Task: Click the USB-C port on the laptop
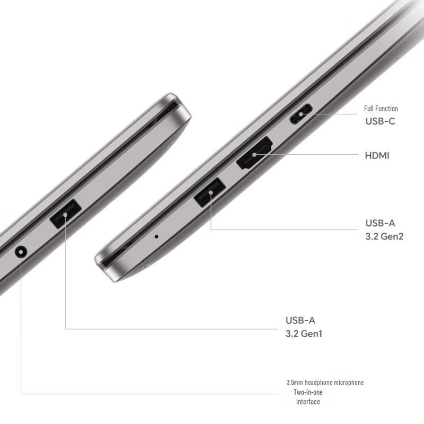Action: pos(301,114)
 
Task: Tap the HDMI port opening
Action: pos(254,153)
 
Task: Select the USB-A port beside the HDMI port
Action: pos(210,192)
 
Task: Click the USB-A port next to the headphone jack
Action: pos(65,214)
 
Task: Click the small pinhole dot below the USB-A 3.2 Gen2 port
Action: pos(156,236)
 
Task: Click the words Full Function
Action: pos(381,109)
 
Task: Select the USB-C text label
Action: pos(380,121)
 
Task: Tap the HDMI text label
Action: pos(377,155)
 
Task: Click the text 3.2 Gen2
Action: pos(384,236)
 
